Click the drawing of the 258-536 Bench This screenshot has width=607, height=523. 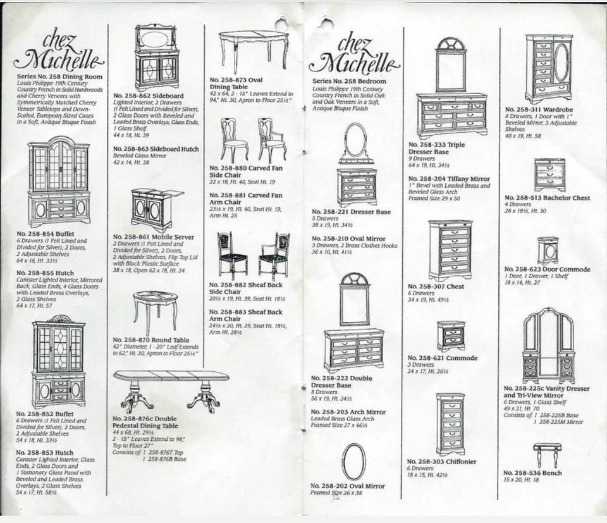pos(548,453)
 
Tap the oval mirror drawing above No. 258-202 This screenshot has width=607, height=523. pos(353,462)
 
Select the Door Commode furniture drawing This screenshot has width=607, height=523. pos(548,250)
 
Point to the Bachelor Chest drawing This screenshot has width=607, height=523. pos(549,175)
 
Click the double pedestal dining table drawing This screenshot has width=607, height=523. pos(171,390)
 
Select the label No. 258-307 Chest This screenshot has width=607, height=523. pos(436,286)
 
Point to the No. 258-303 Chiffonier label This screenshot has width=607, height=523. pos(443,462)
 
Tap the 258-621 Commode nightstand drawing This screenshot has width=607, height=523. pos(451,335)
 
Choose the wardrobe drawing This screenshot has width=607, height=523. pos(549,68)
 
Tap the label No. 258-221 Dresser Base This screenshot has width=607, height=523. pos(352,212)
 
